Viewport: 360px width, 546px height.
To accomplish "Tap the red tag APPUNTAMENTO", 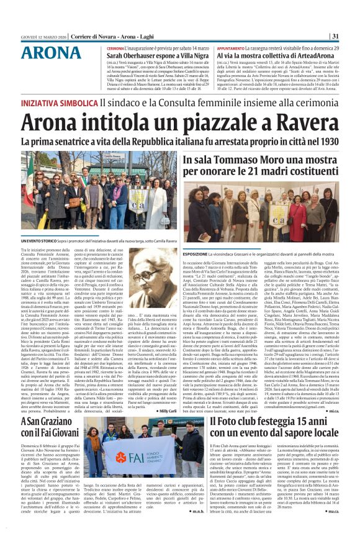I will point(232,48).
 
